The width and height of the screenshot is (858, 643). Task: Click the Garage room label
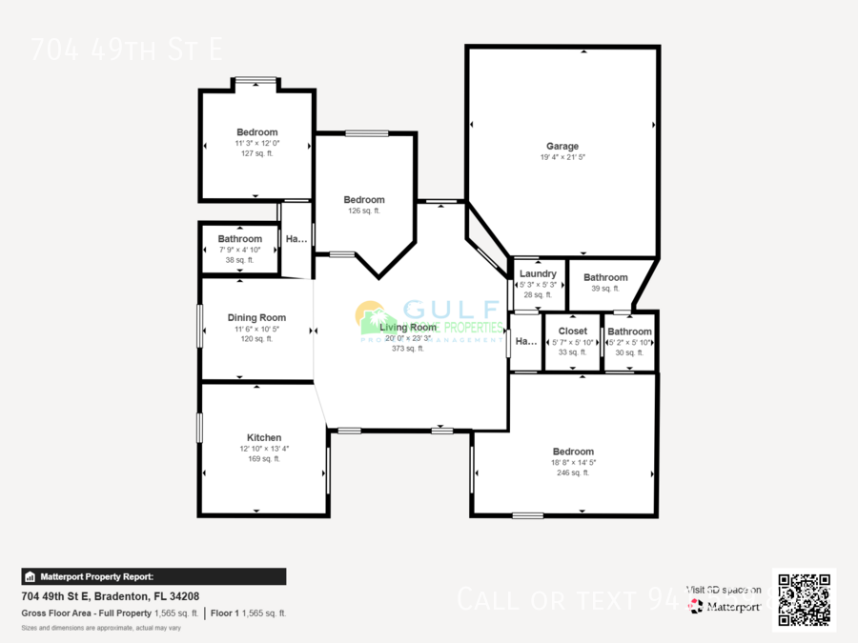coord(562,147)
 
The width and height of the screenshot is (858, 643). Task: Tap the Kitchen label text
coord(264,438)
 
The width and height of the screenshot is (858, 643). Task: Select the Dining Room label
coord(256,318)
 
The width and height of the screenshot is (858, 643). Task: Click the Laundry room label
coord(539,274)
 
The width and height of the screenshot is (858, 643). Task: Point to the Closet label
coord(573,332)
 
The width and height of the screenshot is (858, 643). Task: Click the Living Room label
coord(408,328)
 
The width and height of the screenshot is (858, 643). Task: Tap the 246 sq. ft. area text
coord(573,472)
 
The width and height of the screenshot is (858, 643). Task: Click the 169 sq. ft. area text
coord(264,459)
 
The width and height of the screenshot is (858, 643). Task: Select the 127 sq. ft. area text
coord(257,153)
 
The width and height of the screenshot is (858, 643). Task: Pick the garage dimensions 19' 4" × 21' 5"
coord(562,157)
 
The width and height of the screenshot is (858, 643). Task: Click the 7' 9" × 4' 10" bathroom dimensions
coord(239,250)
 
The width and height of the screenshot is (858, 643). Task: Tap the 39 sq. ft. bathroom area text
coord(605,289)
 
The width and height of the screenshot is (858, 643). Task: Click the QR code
coord(804,599)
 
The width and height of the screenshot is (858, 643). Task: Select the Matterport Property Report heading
coord(96,576)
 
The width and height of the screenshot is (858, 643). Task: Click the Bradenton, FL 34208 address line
coord(110,596)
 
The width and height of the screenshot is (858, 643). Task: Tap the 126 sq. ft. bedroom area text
coord(364,211)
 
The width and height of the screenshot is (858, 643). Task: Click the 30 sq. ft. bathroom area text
coord(629,352)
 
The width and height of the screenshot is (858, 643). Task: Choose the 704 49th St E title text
coord(126,50)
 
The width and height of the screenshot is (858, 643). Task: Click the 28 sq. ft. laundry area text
coord(538,295)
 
